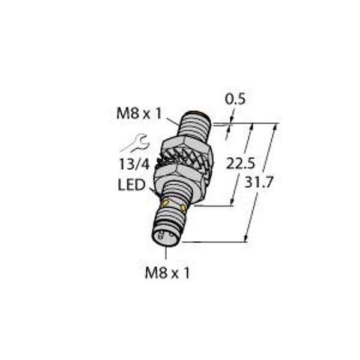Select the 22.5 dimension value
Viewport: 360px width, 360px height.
coord(237,163)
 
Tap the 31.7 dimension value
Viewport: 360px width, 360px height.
coord(260,182)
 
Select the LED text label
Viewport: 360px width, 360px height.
coord(131,185)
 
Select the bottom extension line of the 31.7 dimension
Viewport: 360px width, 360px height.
coord(213,242)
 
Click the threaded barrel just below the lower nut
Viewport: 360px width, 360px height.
coord(179,195)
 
